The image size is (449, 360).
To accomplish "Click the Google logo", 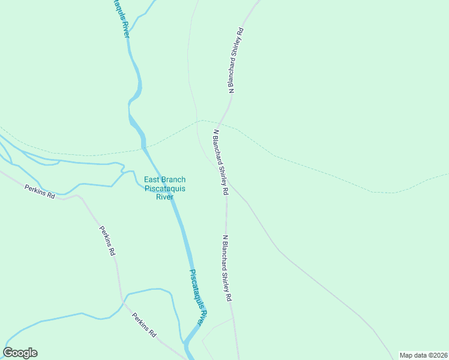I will tap(20, 353).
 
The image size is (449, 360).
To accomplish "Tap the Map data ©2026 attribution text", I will tap(423, 355).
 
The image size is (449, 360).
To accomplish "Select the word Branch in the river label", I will tap(175, 179).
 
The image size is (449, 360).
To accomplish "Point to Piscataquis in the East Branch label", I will tap(165, 188).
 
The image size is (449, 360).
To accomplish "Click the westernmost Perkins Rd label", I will tap(40, 191).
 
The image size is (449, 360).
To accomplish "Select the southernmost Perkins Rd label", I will tap(145, 325).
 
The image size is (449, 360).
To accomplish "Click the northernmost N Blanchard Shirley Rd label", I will tap(236, 60).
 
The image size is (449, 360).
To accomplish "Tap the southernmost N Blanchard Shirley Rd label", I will tap(226, 268).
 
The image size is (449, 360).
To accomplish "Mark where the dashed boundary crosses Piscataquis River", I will tap(143, 146).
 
